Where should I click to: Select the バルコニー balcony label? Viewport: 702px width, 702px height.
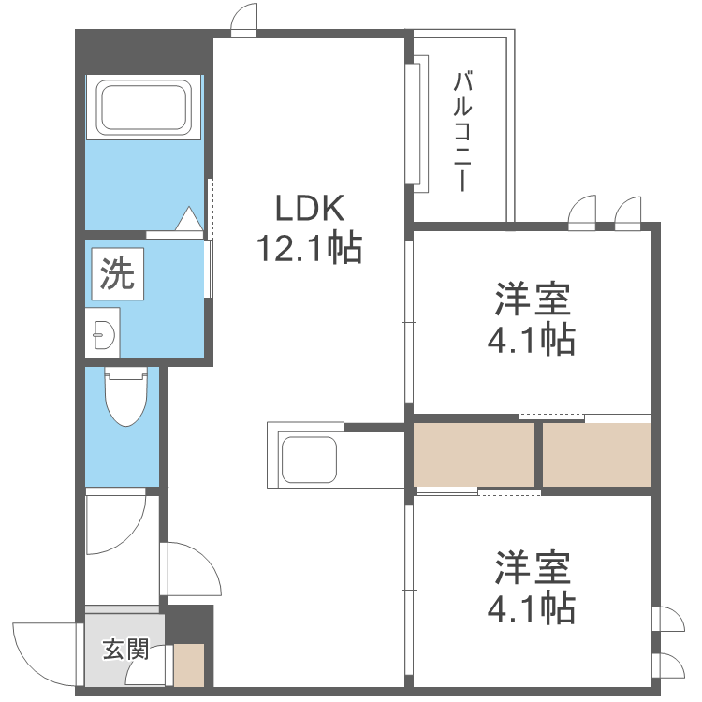(461, 132)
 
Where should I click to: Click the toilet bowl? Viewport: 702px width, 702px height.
(127, 399)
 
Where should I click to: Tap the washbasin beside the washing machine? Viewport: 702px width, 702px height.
(102, 332)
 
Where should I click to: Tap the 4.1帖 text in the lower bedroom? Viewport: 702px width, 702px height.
(531, 609)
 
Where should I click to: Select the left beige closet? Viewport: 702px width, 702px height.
(474, 454)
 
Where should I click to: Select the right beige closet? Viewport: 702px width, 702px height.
(596, 454)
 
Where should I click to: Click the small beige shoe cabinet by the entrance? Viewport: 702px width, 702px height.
(189, 665)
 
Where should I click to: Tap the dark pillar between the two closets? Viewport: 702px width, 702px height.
(537, 454)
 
